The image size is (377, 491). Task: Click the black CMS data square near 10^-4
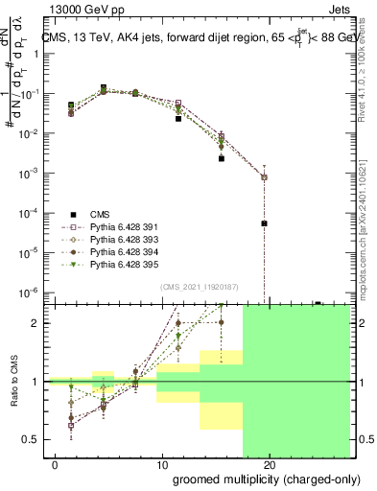click(264, 222)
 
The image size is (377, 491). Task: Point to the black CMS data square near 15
click(222, 158)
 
